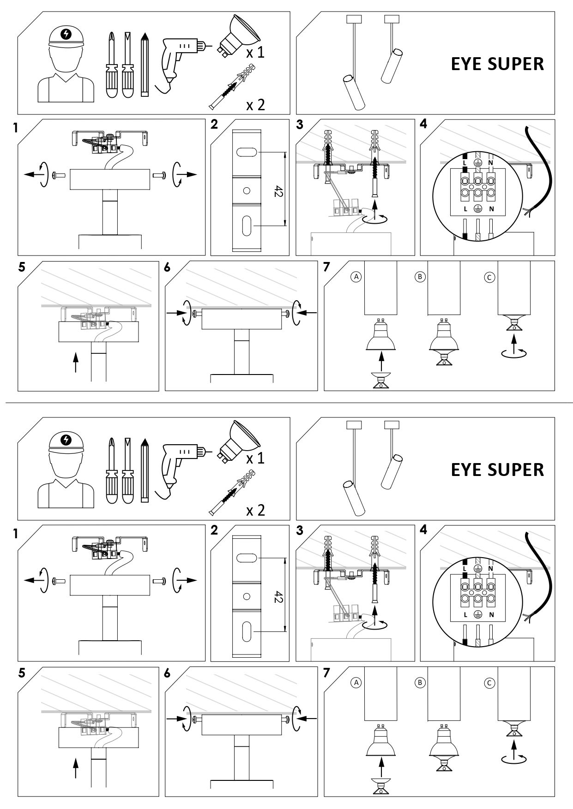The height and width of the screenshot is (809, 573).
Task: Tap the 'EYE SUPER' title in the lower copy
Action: pos(497,470)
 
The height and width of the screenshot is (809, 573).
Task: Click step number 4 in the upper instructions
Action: pos(424,125)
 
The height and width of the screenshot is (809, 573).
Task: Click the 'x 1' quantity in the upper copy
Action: pos(255,53)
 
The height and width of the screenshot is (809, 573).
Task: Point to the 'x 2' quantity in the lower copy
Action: pos(255,511)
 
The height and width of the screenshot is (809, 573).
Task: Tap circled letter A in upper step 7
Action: pos(356,277)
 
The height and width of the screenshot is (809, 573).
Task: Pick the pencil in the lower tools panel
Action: pos(145,470)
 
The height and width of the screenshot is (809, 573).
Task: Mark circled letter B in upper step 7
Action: pos(420,277)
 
